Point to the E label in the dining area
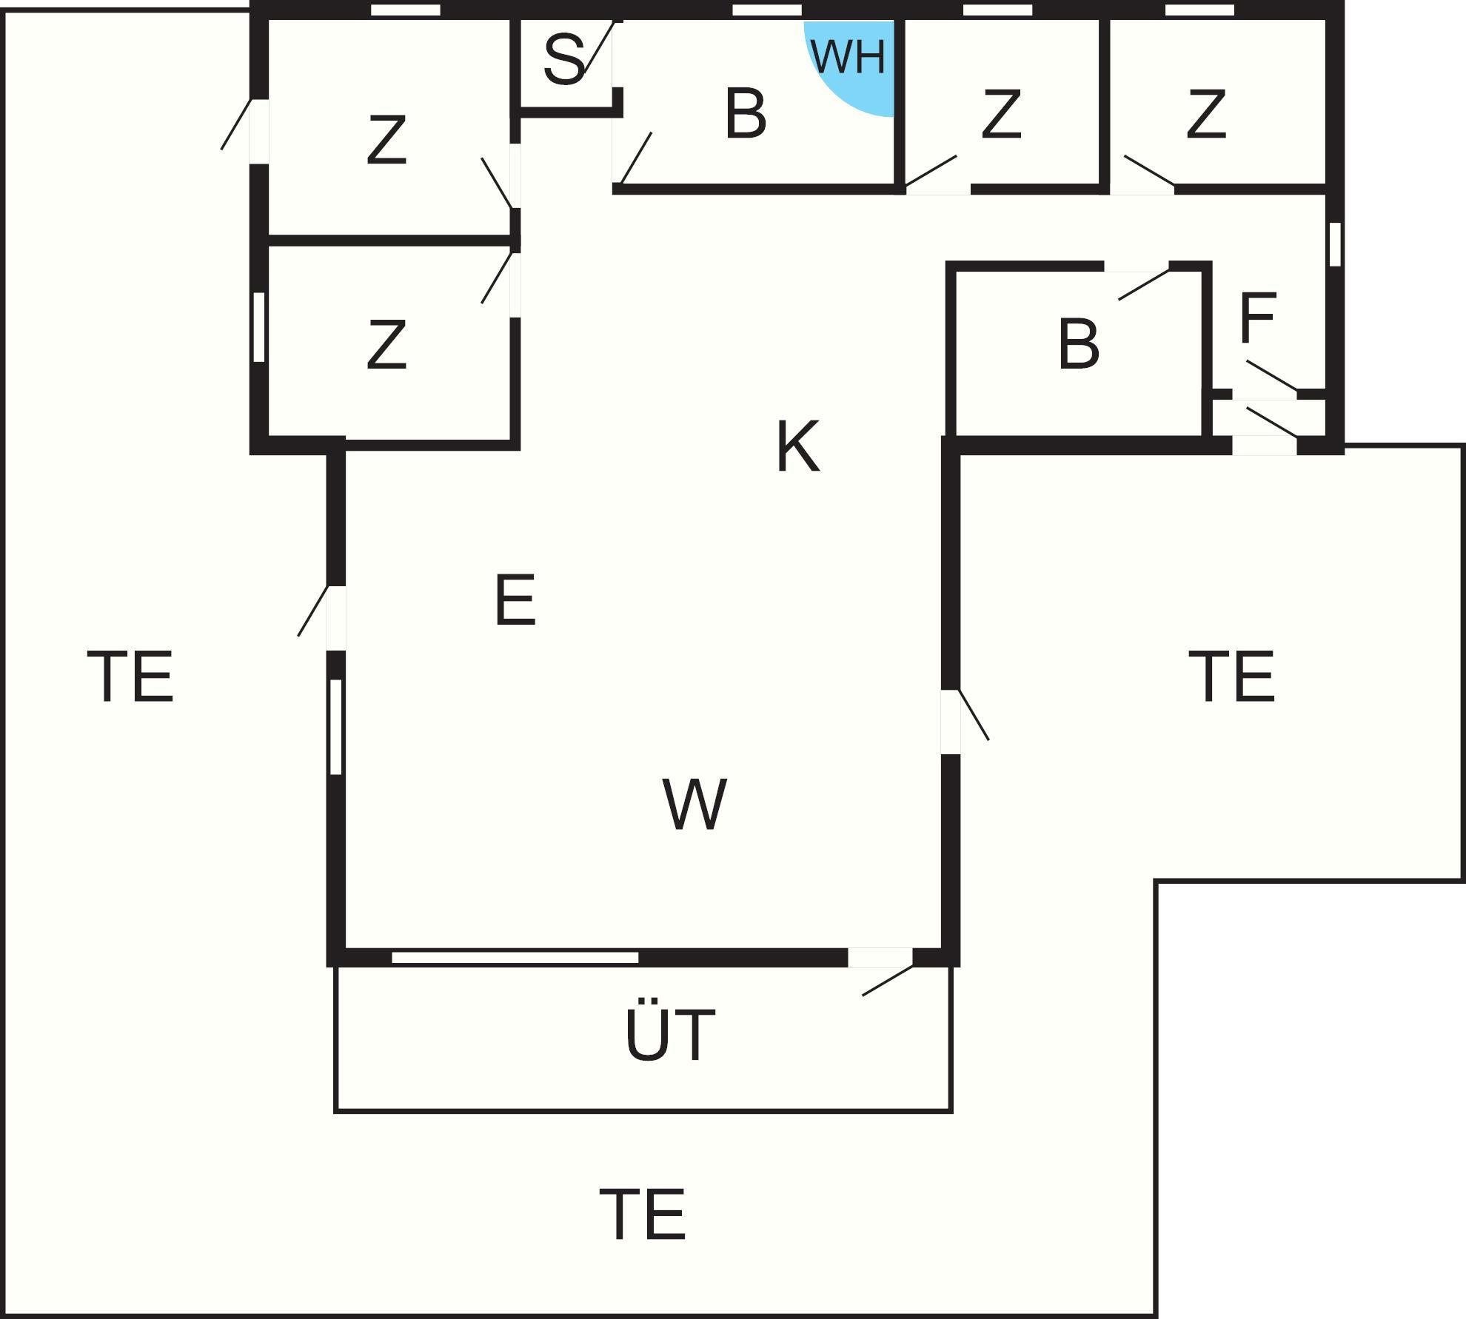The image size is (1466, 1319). click(x=515, y=600)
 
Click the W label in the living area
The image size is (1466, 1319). click(x=694, y=803)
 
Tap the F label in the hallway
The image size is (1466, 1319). click(x=1257, y=318)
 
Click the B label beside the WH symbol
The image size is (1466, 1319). click(x=746, y=113)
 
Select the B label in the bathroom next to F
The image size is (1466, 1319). click(x=1079, y=343)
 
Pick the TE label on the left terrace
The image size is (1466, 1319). click(x=130, y=676)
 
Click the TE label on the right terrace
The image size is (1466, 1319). click(x=1232, y=676)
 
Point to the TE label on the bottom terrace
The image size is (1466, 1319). click(x=643, y=1214)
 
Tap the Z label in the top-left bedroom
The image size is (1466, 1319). click(x=386, y=139)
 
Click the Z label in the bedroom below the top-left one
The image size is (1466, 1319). click(x=386, y=344)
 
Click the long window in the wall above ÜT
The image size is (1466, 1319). click(x=515, y=958)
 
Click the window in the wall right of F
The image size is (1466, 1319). click(x=1335, y=244)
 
